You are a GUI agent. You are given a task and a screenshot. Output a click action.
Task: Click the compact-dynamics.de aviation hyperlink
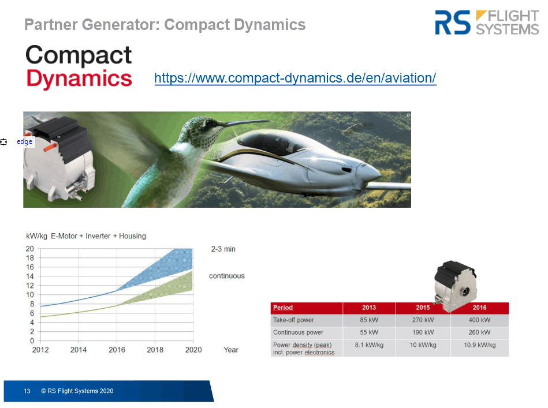(x=295, y=78)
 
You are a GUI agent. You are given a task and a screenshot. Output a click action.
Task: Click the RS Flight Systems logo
(x=487, y=23)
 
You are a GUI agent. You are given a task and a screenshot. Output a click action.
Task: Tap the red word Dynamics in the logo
(x=79, y=78)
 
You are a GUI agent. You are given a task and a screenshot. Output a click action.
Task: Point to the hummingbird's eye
(x=209, y=123)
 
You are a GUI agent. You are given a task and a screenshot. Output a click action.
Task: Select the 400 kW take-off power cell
(x=479, y=320)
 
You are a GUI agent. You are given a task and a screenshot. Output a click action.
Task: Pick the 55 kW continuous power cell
(x=369, y=332)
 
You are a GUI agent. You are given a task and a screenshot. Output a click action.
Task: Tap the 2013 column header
(x=369, y=308)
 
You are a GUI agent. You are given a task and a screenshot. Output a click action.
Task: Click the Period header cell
(x=307, y=308)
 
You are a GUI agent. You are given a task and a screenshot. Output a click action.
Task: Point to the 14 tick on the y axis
(x=30, y=276)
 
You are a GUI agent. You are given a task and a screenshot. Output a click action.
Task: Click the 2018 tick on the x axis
(x=155, y=350)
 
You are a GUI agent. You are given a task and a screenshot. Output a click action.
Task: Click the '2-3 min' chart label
(x=223, y=249)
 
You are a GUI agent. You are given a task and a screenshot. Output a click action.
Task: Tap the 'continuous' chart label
(x=227, y=276)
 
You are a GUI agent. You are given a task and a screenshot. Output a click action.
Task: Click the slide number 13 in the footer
(x=27, y=391)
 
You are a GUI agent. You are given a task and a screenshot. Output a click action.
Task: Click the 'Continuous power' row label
(x=298, y=332)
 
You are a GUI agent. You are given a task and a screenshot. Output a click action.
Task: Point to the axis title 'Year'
(x=231, y=350)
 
